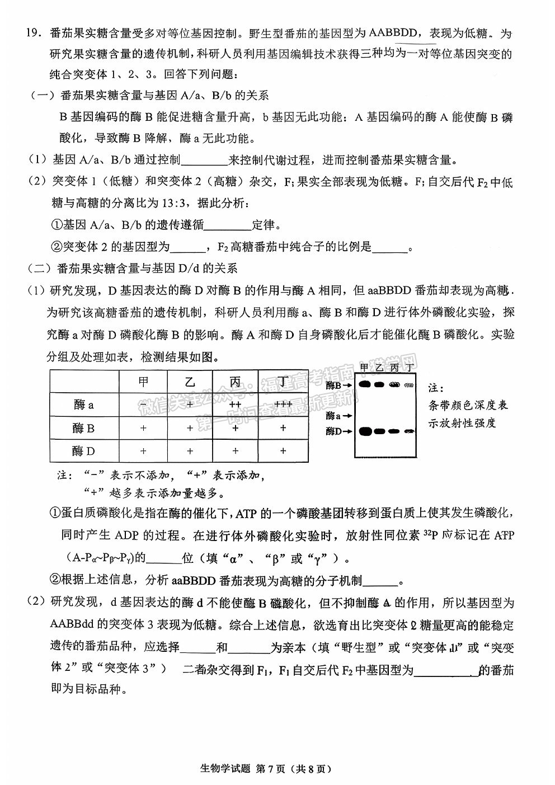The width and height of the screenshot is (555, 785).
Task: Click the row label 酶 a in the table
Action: point(83,405)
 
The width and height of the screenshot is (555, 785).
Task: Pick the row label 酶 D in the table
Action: point(83,450)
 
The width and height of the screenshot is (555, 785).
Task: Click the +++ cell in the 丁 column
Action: point(283,405)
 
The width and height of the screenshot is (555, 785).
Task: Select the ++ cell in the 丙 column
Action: point(235,405)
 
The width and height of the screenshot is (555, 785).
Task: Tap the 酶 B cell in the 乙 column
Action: point(190,428)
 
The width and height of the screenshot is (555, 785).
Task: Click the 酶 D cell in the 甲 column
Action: point(144,450)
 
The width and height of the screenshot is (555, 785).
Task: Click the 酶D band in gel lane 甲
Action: point(365,431)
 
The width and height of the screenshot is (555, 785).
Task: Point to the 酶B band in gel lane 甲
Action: point(365,384)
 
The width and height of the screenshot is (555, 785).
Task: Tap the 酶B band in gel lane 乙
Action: point(379,384)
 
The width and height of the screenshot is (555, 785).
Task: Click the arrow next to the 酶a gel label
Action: point(347,416)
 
